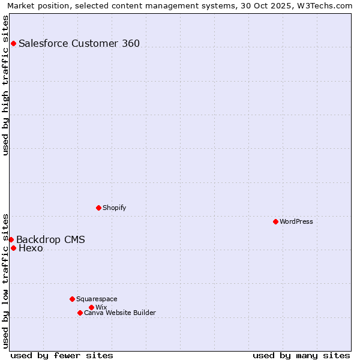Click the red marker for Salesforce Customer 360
(x=13, y=43)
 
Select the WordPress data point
(x=275, y=221)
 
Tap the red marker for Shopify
(x=98, y=208)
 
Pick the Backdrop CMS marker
(x=11, y=239)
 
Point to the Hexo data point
(x=13, y=248)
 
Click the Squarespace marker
(x=72, y=299)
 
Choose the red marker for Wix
(x=91, y=307)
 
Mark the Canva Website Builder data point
(x=80, y=313)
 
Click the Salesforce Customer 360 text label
(x=79, y=43)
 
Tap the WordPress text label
(x=296, y=221)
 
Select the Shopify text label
(x=115, y=208)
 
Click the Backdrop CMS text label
(x=50, y=240)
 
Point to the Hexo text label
(x=31, y=248)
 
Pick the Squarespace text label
(x=97, y=299)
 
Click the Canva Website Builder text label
(x=120, y=313)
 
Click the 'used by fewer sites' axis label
(x=62, y=355)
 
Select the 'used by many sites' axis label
(x=301, y=355)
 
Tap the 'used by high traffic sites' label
(x=6, y=85)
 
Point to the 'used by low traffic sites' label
(x=6, y=281)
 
